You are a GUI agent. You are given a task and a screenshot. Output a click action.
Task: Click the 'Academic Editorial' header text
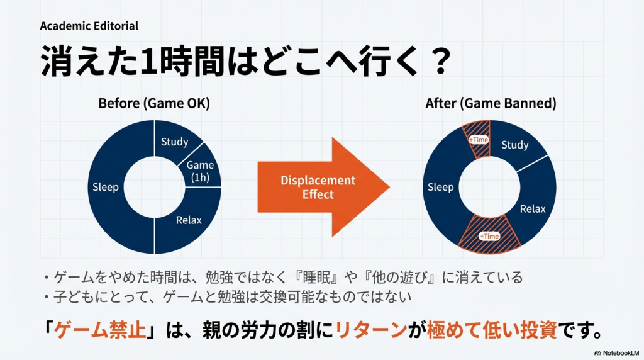click(89, 26)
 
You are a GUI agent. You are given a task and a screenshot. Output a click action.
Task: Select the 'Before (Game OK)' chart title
click(154, 103)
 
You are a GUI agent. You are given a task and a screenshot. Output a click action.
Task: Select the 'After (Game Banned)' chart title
click(491, 103)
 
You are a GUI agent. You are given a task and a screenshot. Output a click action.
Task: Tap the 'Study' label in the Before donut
click(175, 142)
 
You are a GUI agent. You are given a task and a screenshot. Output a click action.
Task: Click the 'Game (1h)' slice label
click(200, 171)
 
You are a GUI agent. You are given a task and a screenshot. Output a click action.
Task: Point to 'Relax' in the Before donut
click(189, 220)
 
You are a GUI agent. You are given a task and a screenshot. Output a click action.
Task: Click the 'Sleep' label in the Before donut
click(106, 188)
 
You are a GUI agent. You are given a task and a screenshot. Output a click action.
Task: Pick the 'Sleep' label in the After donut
click(441, 188)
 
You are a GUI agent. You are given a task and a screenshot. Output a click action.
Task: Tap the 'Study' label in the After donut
click(515, 145)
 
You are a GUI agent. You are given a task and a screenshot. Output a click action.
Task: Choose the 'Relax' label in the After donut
click(533, 209)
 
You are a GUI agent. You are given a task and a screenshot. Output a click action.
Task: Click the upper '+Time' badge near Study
click(479, 140)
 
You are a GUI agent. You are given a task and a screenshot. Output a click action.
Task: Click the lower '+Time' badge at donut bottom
click(489, 236)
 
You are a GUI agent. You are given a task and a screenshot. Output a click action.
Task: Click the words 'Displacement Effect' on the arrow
click(318, 188)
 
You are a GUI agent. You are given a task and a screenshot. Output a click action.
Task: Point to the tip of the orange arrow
click(389, 187)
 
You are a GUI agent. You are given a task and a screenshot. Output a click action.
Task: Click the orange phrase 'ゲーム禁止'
click(100, 330)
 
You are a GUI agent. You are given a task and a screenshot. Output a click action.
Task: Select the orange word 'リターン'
click(371, 330)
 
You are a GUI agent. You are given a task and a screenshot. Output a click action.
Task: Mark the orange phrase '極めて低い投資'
click(492, 330)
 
